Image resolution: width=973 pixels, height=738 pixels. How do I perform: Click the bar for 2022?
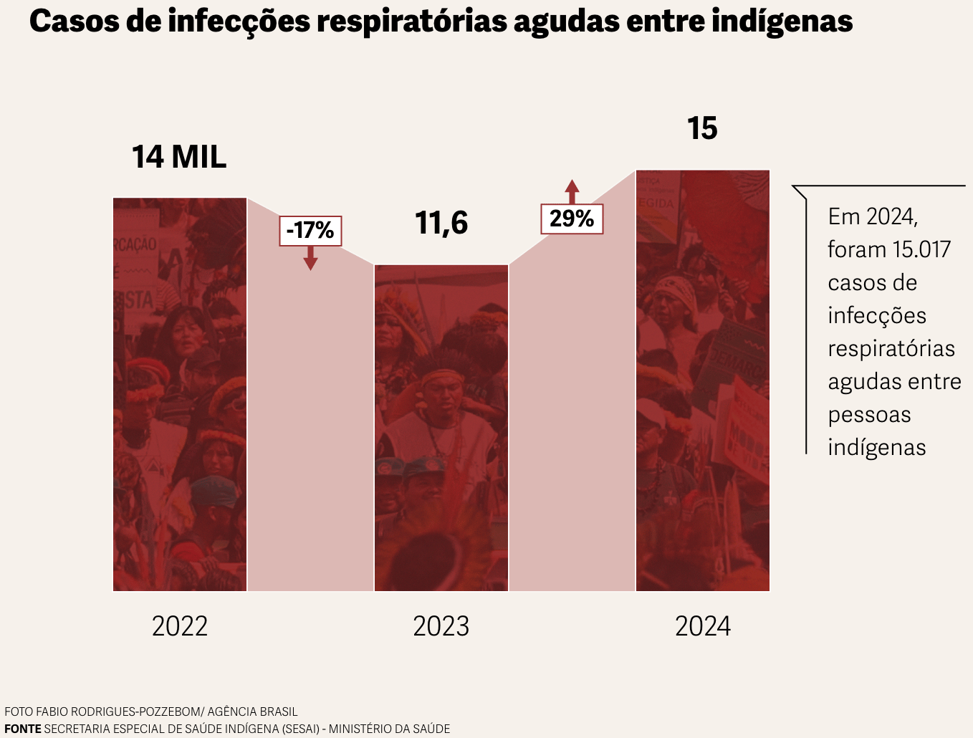tap(180, 394)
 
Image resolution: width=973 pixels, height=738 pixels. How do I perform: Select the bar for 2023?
tap(441, 428)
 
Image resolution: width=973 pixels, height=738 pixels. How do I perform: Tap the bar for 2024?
tap(703, 380)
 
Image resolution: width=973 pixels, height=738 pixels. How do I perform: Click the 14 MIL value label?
tap(179, 157)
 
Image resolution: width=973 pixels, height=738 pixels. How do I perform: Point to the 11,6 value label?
tap(441, 223)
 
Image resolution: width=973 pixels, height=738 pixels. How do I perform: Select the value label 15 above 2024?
tap(702, 129)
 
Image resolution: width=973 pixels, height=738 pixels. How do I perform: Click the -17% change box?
tap(310, 231)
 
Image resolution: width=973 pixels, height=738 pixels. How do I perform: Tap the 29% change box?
tap(572, 219)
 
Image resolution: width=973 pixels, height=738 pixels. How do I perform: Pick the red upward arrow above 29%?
tap(572, 191)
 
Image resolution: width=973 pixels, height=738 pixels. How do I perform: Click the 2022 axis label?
tap(180, 626)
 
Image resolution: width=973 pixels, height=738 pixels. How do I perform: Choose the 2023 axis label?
tap(441, 626)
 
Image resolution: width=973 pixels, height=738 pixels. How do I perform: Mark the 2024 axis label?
tap(703, 626)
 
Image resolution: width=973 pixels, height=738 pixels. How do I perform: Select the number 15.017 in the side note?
tap(920, 249)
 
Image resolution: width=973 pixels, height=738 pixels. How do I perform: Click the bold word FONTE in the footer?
tap(23, 729)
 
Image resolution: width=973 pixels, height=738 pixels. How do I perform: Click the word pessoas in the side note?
tap(869, 414)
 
